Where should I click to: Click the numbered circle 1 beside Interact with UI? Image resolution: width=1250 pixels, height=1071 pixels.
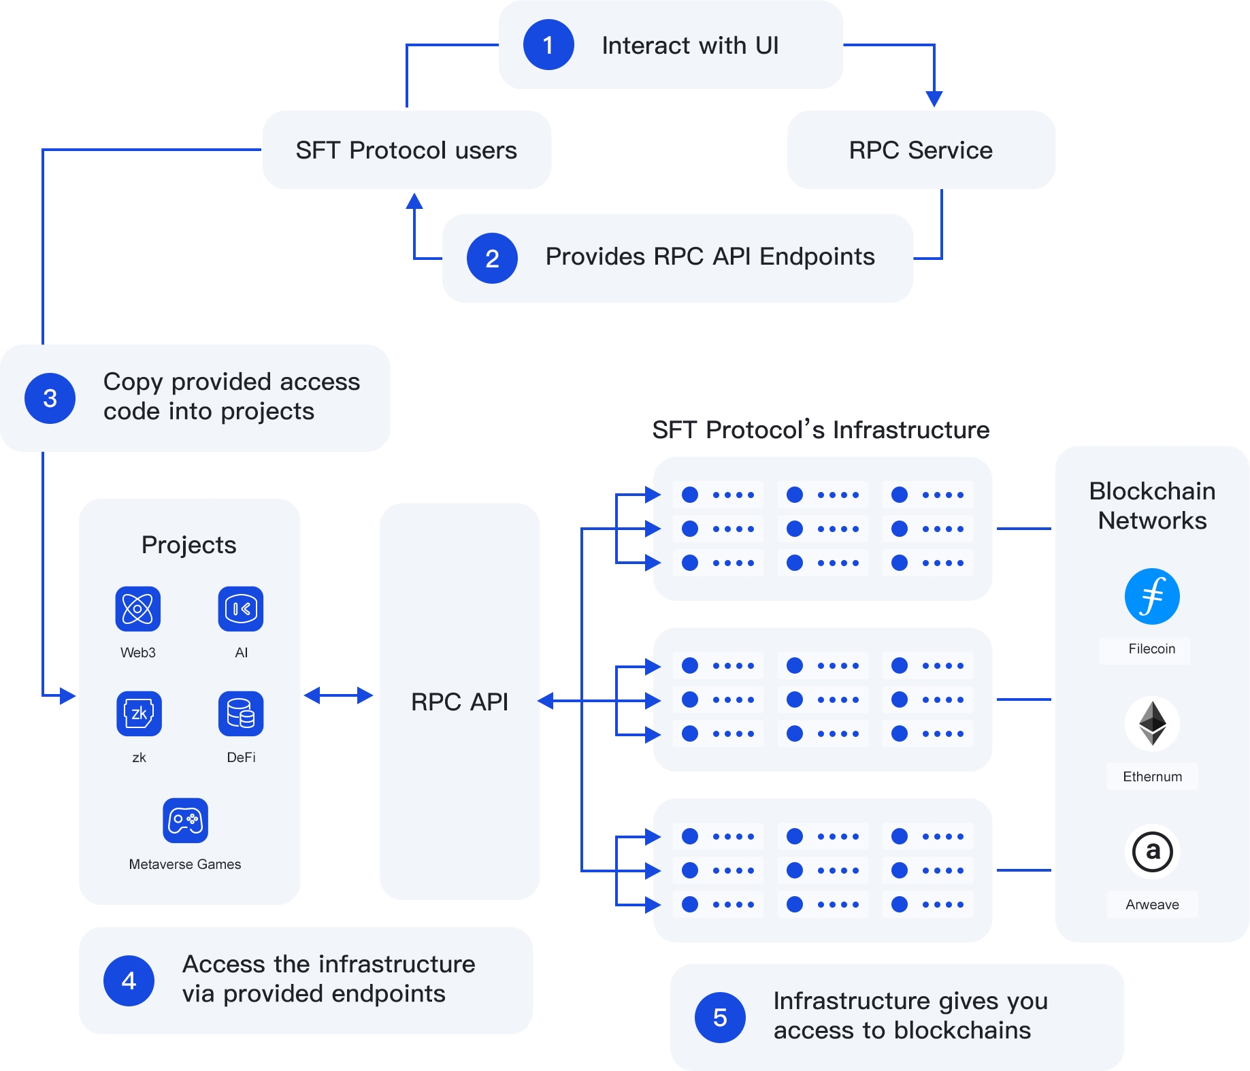[548, 45]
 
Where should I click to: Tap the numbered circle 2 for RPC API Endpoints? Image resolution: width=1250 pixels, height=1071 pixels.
[492, 259]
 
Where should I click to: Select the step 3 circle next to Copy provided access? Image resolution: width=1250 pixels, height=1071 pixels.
[50, 398]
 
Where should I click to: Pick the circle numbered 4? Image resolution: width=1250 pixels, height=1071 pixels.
[129, 981]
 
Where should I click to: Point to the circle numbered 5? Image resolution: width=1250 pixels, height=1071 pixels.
[720, 1017]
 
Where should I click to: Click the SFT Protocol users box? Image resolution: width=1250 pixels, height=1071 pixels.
[406, 150]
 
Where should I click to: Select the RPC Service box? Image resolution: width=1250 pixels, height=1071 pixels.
[921, 150]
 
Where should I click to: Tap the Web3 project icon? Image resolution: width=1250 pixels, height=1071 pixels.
[138, 608]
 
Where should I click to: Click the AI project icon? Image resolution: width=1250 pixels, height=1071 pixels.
[241, 608]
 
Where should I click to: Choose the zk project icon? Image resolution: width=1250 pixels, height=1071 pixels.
[139, 714]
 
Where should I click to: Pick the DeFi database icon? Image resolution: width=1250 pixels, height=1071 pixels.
[241, 714]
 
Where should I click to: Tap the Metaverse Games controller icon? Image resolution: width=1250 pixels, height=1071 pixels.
[185, 820]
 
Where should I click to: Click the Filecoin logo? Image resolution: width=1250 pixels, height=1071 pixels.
[1152, 597]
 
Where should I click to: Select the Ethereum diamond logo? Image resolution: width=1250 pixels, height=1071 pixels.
[1152, 723]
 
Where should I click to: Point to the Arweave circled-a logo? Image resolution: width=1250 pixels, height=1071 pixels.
[1152, 851]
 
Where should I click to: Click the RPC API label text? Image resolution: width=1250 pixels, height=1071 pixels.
[459, 702]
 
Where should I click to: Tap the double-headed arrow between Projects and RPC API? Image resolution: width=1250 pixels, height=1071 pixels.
[338, 695]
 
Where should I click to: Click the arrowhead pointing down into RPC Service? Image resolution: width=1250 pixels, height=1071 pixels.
[934, 99]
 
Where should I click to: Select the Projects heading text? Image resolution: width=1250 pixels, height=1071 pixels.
[188, 545]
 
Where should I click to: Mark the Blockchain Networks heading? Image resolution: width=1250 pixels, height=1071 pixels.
[1152, 506]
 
